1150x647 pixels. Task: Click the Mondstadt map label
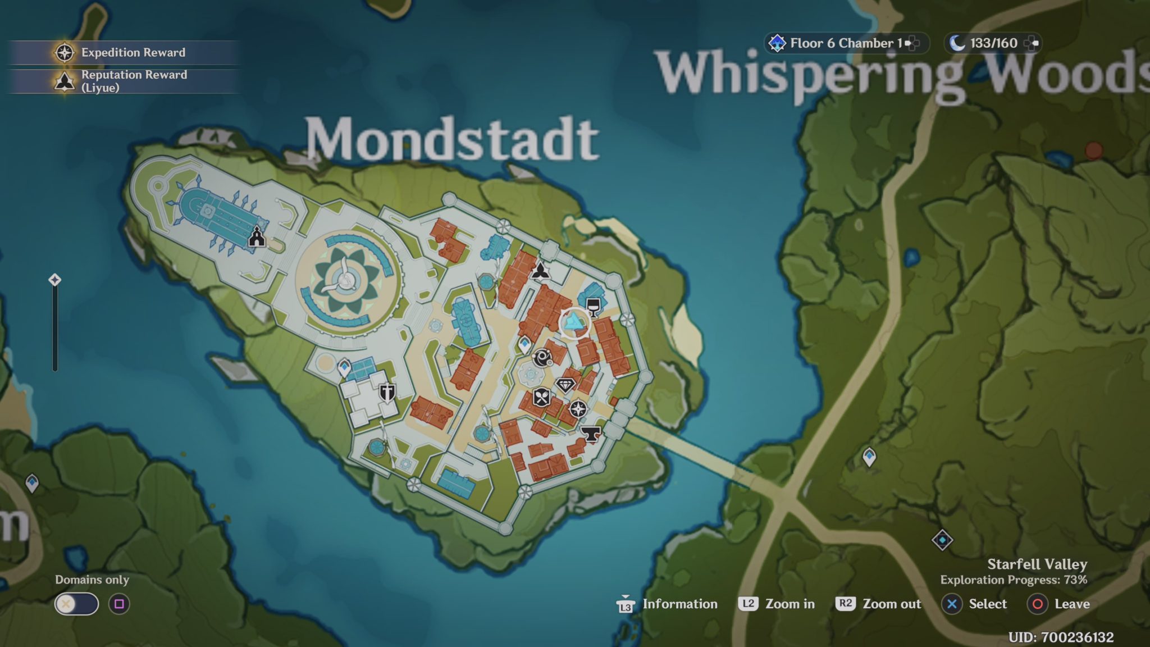[x=452, y=139]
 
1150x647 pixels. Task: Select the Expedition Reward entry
[x=133, y=52]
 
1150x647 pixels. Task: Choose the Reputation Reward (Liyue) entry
[x=134, y=81]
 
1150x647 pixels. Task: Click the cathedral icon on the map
[x=257, y=237]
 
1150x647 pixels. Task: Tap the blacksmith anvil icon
[x=590, y=433]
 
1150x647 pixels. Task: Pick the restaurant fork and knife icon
[x=541, y=397]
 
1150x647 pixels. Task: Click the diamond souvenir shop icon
[x=565, y=385]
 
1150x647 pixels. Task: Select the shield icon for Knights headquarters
[x=387, y=391]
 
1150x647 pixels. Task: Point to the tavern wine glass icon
[x=593, y=307]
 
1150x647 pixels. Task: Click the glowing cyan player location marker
[x=574, y=322]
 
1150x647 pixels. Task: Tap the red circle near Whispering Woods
[x=1093, y=151]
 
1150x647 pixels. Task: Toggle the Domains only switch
[x=76, y=604]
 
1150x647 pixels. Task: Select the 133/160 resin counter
[x=993, y=43]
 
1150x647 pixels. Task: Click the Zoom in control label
[x=790, y=604]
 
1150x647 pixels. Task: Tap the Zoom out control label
[x=891, y=604]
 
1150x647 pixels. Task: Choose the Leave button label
[x=1071, y=604]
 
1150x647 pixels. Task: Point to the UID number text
[x=1061, y=637]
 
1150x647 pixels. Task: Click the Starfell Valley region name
[x=1037, y=564]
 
